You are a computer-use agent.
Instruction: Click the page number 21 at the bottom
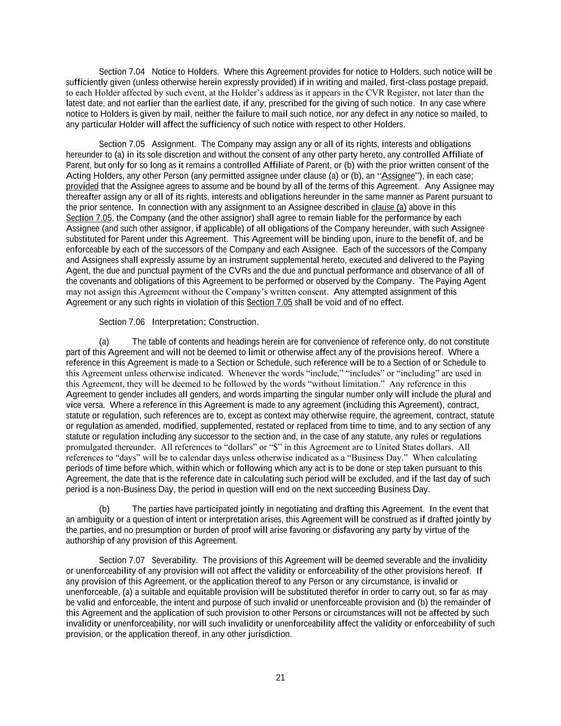click(280, 677)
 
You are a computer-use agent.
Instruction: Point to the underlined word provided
click(82, 186)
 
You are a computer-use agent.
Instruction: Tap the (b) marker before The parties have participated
click(104, 509)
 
